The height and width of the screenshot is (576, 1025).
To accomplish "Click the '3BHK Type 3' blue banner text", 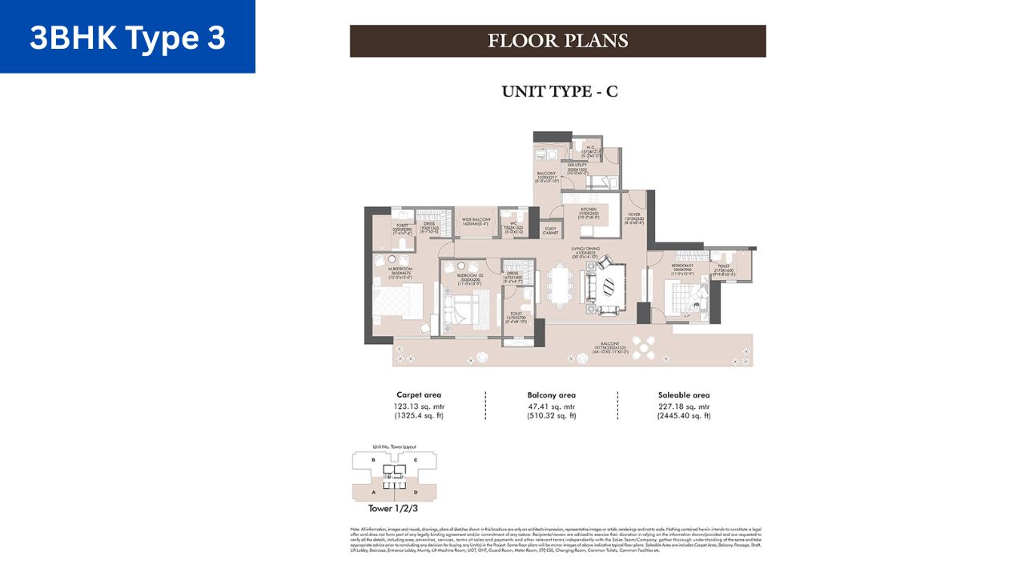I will pyautogui.click(x=127, y=38).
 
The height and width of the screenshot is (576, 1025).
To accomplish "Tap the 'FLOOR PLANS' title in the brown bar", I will pyautogui.click(x=558, y=41).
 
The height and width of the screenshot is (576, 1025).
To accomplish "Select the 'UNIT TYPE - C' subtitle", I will pyautogui.click(x=559, y=92).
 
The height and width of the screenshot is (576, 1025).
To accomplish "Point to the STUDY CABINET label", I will pyautogui.click(x=550, y=231).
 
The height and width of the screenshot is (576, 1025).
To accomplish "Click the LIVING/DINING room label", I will pyautogui.click(x=585, y=250).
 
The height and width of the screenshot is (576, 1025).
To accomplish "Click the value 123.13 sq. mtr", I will pyautogui.click(x=419, y=406).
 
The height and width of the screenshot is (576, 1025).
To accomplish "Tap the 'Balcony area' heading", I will pyautogui.click(x=552, y=395).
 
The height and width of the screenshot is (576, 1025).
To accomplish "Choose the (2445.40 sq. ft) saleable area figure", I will pyautogui.click(x=684, y=417).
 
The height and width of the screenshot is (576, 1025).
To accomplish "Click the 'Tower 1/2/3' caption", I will pyautogui.click(x=391, y=508).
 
